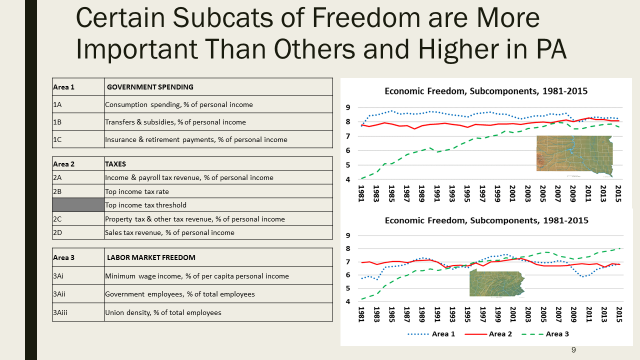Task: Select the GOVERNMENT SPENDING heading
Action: coord(150,87)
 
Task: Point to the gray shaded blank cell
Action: coord(78,205)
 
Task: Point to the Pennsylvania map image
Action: coord(497,285)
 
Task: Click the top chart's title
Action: coord(485,91)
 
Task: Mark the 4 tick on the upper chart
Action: coord(348,179)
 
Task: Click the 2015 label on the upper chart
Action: coord(618,194)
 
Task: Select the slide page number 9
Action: coord(573,350)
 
